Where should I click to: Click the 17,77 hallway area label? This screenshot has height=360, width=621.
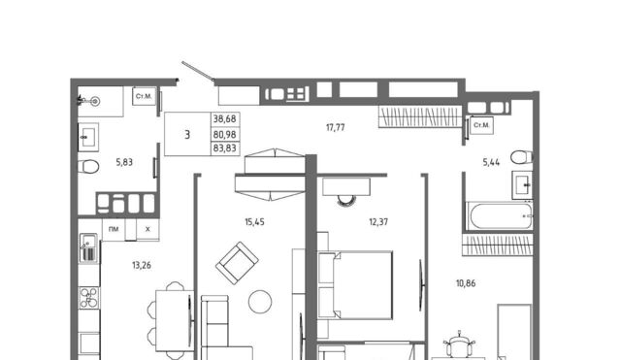[x=335, y=127]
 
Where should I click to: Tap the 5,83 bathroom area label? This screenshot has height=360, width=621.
[x=124, y=162]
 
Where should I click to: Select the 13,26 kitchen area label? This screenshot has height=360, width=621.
[x=142, y=265]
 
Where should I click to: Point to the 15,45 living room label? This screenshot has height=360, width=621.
[x=254, y=222]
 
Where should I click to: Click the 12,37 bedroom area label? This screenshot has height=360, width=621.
[x=378, y=222]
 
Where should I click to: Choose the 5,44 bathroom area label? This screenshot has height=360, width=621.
[x=491, y=162]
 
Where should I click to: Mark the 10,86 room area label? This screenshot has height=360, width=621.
[x=466, y=283]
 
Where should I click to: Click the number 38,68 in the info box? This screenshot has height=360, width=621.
[x=224, y=118]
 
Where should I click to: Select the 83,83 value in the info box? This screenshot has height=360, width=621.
[x=224, y=148]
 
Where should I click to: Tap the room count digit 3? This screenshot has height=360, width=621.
[x=187, y=135]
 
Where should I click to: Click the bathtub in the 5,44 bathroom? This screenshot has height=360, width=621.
[x=499, y=215]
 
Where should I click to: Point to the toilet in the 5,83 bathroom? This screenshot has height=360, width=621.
[x=88, y=167]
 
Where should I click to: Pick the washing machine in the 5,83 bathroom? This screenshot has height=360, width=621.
[x=144, y=96]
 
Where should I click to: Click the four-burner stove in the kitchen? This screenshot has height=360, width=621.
[x=89, y=298]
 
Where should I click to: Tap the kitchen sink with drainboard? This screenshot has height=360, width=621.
[x=88, y=248]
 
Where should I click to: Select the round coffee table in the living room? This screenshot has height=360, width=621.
[x=260, y=302]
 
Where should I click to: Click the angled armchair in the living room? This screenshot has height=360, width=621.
[x=237, y=263]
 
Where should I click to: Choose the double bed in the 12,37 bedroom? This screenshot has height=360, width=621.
[x=355, y=284]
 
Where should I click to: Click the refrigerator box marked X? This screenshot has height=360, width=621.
[x=147, y=229]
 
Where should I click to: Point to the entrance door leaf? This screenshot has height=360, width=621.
[x=198, y=71]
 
